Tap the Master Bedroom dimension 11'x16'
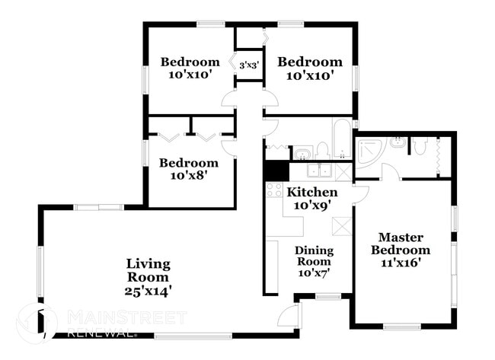(400, 263)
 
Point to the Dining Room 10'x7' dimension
(312, 272)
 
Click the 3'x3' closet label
(250, 65)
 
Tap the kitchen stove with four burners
(274, 190)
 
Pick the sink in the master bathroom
(397, 142)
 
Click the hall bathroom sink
(302, 153)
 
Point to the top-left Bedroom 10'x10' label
(190, 68)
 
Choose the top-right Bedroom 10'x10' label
(309, 68)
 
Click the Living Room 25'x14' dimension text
(148, 290)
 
